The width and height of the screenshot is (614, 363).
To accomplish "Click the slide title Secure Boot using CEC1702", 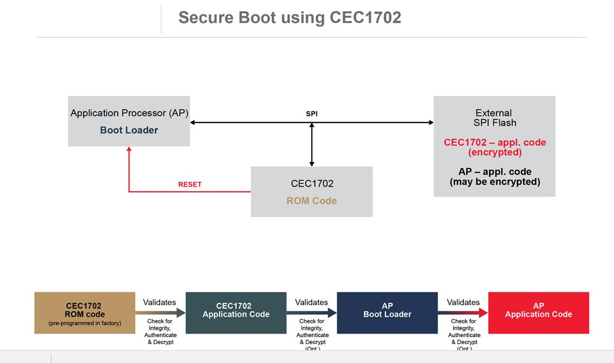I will [x=289, y=18].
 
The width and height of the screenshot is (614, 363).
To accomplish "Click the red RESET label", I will [x=190, y=184].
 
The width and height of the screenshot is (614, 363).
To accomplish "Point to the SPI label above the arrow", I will [x=312, y=114].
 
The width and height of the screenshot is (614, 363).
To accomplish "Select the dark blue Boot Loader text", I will [x=129, y=130].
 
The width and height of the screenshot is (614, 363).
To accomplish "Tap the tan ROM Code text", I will [x=312, y=201].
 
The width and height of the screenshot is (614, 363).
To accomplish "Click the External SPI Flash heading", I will [x=494, y=118].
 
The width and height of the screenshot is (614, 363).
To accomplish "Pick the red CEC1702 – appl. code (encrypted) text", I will [x=494, y=147].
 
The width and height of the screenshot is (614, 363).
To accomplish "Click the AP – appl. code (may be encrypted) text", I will [x=494, y=177].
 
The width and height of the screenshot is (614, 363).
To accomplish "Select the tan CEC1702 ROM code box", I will [x=84, y=313].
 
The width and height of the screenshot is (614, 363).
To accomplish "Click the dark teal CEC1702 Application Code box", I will [x=236, y=313].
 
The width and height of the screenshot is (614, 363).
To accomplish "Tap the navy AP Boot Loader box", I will [x=387, y=313].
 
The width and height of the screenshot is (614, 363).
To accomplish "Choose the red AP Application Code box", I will [x=538, y=313].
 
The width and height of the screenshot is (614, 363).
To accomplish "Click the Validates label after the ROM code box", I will [x=159, y=303].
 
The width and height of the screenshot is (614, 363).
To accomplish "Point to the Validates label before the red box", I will [x=463, y=303].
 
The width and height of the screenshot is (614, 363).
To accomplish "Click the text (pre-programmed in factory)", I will [x=84, y=323].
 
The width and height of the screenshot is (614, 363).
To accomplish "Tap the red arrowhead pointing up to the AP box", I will [x=129, y=150].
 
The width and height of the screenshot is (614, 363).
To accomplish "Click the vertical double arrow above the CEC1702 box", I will [x=312, y=145].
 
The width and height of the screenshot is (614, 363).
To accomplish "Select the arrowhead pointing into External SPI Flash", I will [x=431, y=123].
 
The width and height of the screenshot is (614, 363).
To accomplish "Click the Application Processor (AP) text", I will [x=129, y=113].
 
